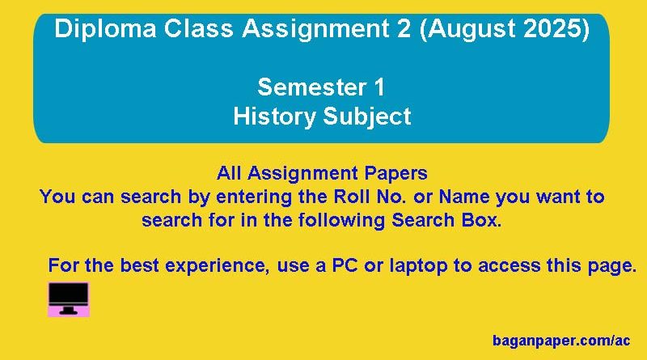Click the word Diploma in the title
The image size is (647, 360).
105,29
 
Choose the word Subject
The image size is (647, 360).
367,116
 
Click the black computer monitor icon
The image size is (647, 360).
69,299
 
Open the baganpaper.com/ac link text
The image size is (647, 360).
561,341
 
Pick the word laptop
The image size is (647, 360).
418,265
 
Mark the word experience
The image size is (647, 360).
217,266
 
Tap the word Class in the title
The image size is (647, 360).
199,29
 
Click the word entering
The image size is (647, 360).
254,197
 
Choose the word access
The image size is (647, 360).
510,266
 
